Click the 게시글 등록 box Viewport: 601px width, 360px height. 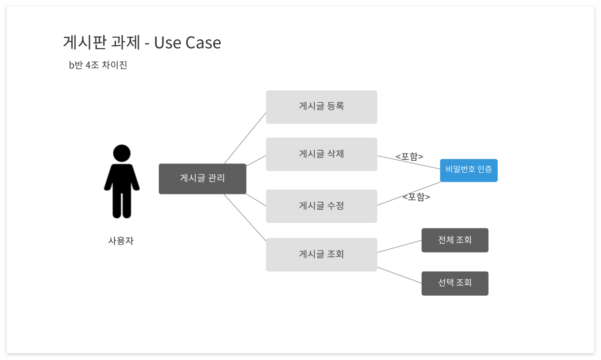[x=321, y=107]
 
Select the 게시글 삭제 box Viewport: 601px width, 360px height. [x=321, y=154]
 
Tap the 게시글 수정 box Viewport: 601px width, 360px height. [x=321, y=206]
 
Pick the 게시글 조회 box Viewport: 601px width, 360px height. [x=321, y=255]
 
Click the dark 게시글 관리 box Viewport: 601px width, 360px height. [x=202, y=178]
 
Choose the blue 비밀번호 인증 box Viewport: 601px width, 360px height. [x=468, y=170]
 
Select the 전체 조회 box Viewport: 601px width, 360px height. [x=455, y=240]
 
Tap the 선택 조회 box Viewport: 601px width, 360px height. [x=455, y=283]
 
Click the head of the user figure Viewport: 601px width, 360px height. [x=122, y=153]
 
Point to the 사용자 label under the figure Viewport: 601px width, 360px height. [x=121, y=241]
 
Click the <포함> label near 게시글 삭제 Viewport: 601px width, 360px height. [x=409, y=156]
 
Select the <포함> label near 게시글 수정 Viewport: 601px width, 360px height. [x=416, y=197]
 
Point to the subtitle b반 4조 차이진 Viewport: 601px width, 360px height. [x=98, y=65]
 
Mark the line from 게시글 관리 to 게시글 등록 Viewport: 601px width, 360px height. [x=245, y=138]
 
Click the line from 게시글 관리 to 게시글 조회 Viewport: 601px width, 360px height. [x=245, y=217]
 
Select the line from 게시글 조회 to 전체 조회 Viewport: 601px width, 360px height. [x=399, y=247]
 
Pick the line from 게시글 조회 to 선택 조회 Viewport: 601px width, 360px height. [x=399, y=275]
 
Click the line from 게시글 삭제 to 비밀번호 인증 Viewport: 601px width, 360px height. [x=408, y=162]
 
